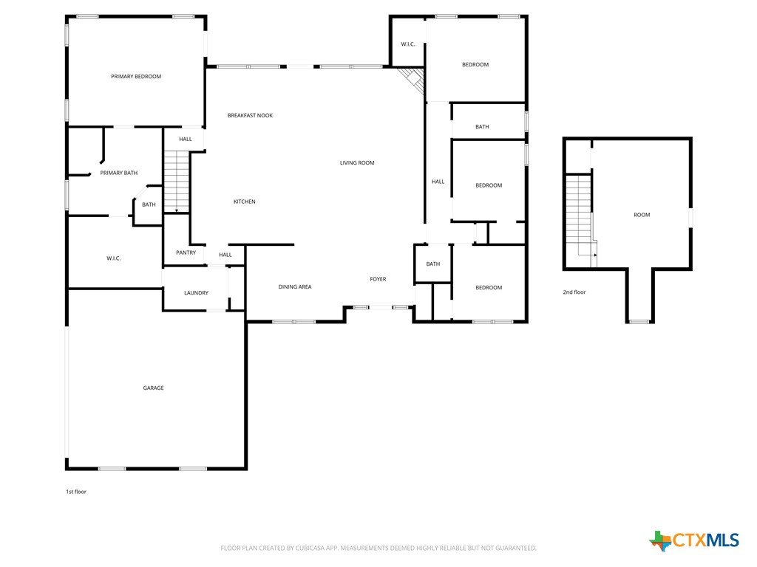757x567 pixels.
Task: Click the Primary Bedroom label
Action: point(136,76)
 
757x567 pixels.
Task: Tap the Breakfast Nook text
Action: point(250,115)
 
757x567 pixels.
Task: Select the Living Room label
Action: point(357,162)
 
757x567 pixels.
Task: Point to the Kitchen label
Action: point(244,202)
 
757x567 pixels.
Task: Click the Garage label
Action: point(153,388)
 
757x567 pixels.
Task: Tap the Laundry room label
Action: point(196,292)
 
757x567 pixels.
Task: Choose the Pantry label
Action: point(186,252)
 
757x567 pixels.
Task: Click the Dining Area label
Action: point(294,287)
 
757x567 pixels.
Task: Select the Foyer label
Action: point(378,279)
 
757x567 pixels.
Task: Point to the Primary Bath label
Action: point(119,173)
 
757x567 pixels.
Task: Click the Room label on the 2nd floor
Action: point(642,215)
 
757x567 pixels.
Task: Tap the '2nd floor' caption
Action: point(574,292)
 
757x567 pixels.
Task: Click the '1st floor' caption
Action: point(76,492)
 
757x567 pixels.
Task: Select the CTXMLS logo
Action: point(694,540)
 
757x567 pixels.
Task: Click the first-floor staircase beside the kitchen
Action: point(176,182)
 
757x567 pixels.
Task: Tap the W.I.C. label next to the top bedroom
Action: point(408,44)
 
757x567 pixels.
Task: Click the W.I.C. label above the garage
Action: point(113,258)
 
